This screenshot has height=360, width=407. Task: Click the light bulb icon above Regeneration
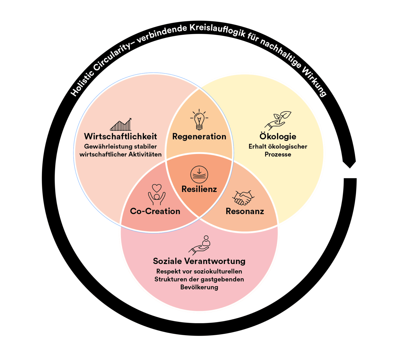pyautogui.click(x=199, y=120)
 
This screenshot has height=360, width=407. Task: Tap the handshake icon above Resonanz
pyautogui.click(x=243, y=197)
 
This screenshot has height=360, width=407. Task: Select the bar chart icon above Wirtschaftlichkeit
pyautogui.click(x=121, y=124)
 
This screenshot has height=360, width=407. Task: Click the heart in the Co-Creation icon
pyautogui.click(x=157, y=188)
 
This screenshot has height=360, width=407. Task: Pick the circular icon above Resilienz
pyautogui.click(x=199, y=174)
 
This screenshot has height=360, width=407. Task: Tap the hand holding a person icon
pyautogui.click(x=200, y=245)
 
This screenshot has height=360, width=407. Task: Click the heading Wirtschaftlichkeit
pyautogui.click(x=120, y=137)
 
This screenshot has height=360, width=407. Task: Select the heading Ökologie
pyautogui.click(x=278, y=137)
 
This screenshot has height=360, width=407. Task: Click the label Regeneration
pyautogui.click(x=199, y=137)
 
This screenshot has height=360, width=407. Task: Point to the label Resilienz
pyautogui.click(x=199, y=189)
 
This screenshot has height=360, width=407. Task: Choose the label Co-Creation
pyautogui.click(x=155, y=211)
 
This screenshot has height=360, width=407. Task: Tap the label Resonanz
pyautogui.click(x=245, y=211)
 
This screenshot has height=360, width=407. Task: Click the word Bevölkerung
pyautogui.click(x=199, y=287)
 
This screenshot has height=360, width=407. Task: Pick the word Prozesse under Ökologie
pyautogui.click(x=278, y=154)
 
